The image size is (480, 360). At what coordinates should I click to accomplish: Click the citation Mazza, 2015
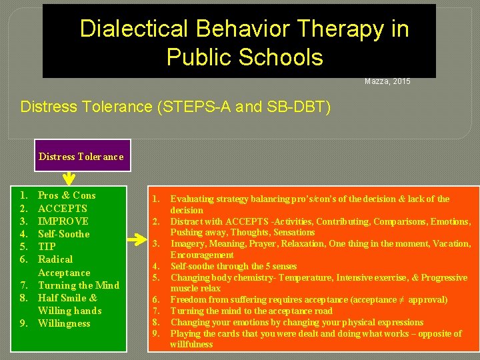387,81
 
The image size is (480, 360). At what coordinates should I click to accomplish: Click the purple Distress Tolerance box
81,157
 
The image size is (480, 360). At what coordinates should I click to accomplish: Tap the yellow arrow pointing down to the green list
69,179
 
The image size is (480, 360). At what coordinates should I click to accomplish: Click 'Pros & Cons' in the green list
67,195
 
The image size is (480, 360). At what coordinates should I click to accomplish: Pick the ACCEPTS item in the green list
63,209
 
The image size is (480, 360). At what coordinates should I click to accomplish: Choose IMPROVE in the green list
63,221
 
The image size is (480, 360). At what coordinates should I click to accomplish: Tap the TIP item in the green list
47,247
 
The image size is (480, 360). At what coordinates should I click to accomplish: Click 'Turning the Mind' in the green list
79,285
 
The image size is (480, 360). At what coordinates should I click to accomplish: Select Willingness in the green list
64,323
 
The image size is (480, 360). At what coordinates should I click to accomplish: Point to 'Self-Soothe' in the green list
64,234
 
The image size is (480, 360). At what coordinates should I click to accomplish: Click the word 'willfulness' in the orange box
191,345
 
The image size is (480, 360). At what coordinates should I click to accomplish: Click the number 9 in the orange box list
155,333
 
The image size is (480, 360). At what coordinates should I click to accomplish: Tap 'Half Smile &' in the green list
67,298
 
